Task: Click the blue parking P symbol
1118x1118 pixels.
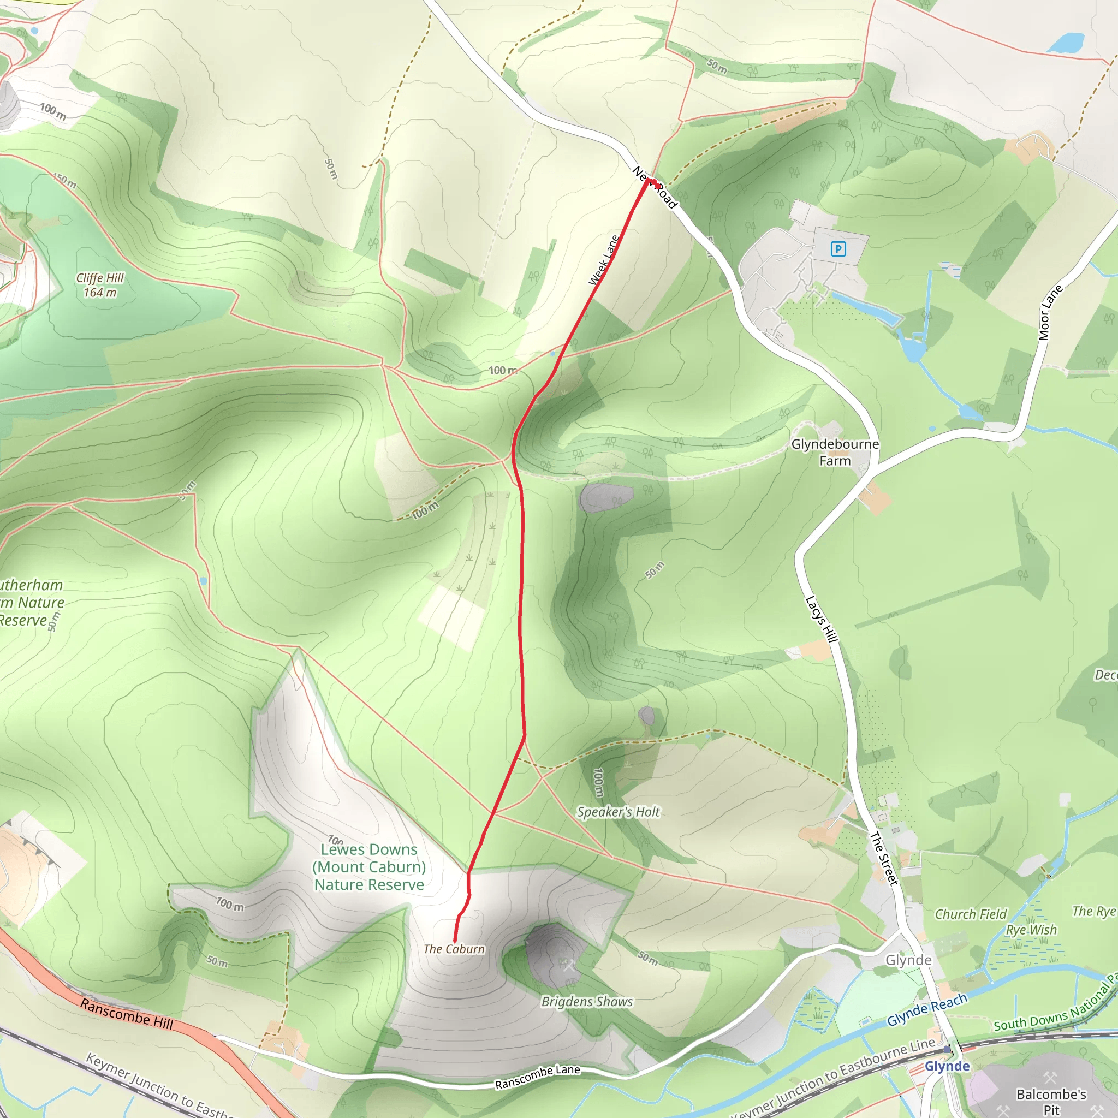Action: [838, 249]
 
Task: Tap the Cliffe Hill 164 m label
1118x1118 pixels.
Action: [100, 286]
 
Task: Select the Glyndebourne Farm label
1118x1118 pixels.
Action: [835, 453]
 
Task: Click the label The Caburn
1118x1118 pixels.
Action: [454, 949]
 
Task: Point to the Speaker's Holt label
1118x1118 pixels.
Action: [618, 812]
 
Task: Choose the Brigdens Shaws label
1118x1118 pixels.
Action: [587, 1002]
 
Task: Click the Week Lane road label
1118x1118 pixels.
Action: [604, 260]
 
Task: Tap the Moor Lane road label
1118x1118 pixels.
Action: [1050, 312]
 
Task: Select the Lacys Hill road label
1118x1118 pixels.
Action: [821, 619]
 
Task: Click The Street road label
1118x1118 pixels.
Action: [884, 859]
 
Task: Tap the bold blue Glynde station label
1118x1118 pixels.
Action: [947, 1066]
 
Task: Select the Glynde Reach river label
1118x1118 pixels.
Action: [927, 1009]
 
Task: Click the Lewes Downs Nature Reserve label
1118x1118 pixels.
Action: [369, 867]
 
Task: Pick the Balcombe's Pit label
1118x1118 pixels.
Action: [1051, 1102]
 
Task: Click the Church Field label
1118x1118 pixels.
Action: [971, 914]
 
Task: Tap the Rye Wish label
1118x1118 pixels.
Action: [1031, 930]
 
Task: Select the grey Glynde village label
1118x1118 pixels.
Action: [908, 960]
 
